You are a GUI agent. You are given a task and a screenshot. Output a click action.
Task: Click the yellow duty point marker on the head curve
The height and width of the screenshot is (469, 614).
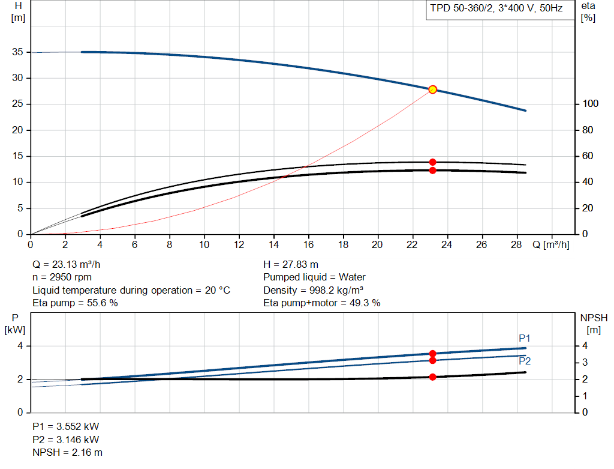pyautogui.click(x=433, y=90)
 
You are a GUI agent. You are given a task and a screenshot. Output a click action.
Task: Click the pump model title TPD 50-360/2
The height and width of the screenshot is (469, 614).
pyautogui.click(x=462, y=8)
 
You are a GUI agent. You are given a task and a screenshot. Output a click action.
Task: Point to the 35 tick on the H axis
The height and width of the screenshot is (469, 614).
pyautogui.click(x=17, y=52)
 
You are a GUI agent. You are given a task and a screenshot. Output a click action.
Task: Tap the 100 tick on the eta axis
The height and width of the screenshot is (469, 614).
pyautogui.click(x=591, y=104)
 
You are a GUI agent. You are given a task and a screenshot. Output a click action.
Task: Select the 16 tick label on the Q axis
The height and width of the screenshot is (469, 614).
pyautogui.click(x=309, y=244)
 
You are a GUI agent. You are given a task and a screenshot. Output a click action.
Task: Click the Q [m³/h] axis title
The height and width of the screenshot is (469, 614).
pyautogui.click(x=551, y=244)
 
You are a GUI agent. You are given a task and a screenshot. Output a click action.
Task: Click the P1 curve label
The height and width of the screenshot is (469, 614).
pyautogui.click(x=524, y=338)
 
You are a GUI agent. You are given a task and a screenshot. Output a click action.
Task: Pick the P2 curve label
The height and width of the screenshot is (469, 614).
pyautogui.click(x=525, y=361)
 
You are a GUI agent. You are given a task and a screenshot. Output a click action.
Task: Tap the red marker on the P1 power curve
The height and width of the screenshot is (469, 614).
pyautogui.click(x=433, y=354)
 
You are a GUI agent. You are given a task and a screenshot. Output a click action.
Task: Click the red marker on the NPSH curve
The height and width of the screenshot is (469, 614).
pyautogui.click(x=433, y=377)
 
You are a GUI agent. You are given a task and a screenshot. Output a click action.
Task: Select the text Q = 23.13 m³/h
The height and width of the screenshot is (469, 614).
pyautogui.click(x=66, y=265)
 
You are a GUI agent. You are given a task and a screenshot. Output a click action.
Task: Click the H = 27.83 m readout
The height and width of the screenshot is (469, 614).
pyautogui.click(x=291, y=265)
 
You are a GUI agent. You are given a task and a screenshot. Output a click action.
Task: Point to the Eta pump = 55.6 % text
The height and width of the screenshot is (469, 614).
pyautogui.click(x=75, y=303)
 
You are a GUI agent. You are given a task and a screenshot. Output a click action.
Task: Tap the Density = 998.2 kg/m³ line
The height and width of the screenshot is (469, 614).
pyautogui.click(x=313, y=290)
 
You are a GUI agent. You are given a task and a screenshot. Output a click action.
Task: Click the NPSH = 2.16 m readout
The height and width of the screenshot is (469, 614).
pyautogui.click(x=67, y=453)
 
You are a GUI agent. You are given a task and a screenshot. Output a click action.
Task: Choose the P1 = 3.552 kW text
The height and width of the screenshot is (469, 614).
pyautogui.click(x=66, y=426)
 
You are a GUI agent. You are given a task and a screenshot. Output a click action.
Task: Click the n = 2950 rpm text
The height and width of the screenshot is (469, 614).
pyautogui.click(x=62, y=277)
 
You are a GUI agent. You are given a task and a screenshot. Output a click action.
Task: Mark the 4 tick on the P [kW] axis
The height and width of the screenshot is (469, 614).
pyautogui.click(x=20, y=346)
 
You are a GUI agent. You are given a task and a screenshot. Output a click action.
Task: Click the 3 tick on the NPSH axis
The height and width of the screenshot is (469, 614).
pyautogui.click(x=585, y=363)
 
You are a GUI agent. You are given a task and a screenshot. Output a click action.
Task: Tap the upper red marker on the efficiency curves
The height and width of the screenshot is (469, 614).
pyautogui.click(x=433, y=162)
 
